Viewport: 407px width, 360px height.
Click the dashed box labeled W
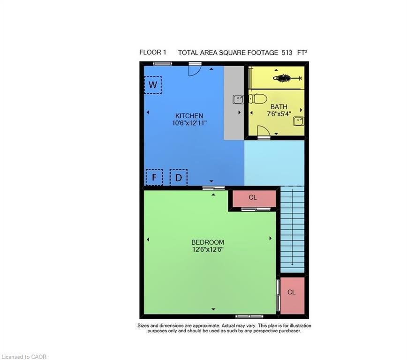point(153,85)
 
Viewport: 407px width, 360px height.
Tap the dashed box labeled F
point(154,177)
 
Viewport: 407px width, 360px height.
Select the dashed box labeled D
point(179,177)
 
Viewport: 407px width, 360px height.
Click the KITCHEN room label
point(189,116)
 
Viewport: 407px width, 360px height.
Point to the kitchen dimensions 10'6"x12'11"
point(189,123)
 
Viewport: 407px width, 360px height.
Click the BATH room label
point(279,107)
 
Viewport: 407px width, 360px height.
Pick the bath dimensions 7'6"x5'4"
point(279,114)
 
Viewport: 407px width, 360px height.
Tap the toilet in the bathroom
point(257,99)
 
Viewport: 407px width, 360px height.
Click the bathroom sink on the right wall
point(298,121)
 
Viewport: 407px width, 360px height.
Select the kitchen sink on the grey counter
point(238,99)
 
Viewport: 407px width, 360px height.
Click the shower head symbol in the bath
point(285,78)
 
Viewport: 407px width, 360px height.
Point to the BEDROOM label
point(208,242)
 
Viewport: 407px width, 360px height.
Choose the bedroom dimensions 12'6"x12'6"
point(208,249)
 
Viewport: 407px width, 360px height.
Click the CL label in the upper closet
point(253,197)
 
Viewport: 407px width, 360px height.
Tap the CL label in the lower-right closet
point(292,292)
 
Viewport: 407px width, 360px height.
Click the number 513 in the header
point(287,52)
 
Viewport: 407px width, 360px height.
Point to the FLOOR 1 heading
point(152,52)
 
